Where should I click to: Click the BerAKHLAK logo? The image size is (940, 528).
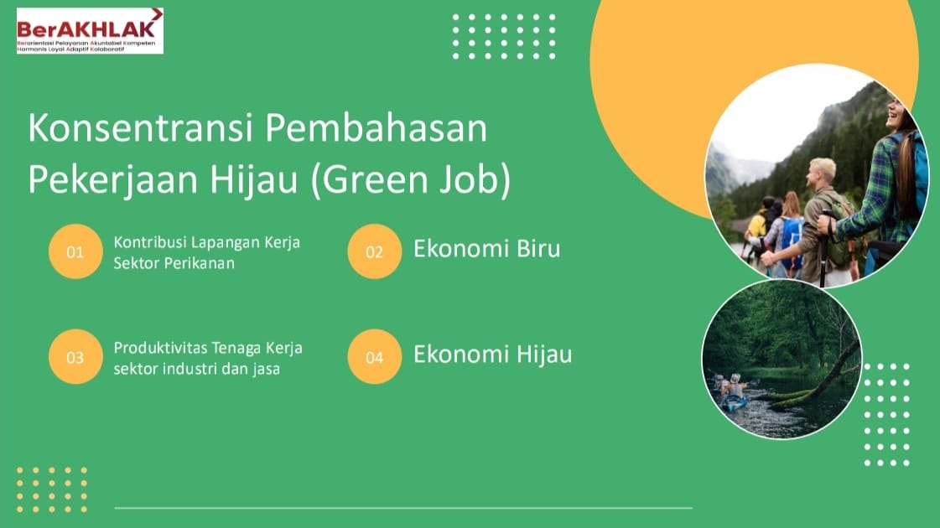[90, 30]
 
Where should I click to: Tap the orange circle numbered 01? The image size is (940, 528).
[75, 251]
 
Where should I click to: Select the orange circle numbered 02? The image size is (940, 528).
[374, 251]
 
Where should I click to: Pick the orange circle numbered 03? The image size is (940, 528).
[75, 356]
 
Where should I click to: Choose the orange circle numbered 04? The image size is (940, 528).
[374, 356]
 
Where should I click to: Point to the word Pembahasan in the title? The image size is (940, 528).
[377, 127]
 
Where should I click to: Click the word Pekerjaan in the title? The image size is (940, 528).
[112, 180]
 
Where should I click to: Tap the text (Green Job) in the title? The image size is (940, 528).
[411, 180]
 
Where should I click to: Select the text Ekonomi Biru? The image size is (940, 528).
[487, 249]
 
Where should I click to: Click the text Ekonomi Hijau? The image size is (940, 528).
[493, 355]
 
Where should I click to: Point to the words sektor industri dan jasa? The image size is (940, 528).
[196, 369]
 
